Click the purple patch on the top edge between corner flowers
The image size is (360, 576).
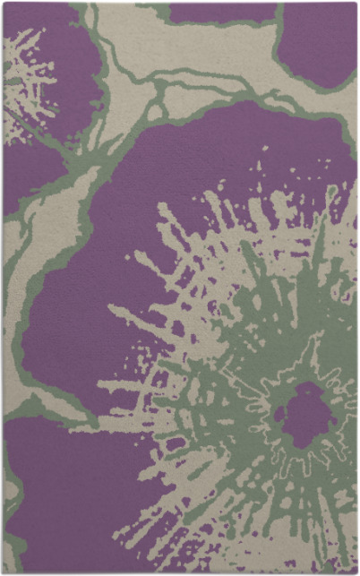(219, 12)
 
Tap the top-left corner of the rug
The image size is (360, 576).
(3, 3)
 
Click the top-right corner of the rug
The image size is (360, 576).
(356, 3)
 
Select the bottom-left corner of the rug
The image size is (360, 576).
(3, 572)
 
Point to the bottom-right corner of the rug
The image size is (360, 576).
(356, 572)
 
